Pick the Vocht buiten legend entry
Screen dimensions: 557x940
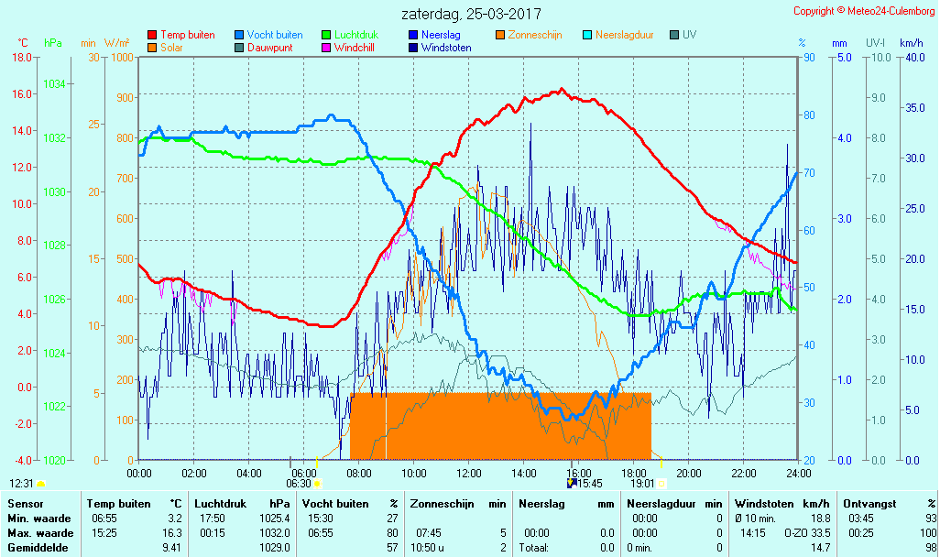(x=274, y=35)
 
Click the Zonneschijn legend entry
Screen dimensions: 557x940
(x=535, y=35)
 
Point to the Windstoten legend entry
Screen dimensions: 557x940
(x=446, y=48)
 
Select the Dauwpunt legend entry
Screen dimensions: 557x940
(x=269, y=48)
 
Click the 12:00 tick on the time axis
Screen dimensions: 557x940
(x=469, y=473)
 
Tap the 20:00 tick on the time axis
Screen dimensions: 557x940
(x=689, y=473)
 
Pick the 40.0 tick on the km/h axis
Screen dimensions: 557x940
(x=913, y=57)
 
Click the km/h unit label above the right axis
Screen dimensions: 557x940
(x=911, y=43)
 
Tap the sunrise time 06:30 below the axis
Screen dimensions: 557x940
(x=299, y=484)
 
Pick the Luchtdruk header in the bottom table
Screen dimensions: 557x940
(x=219, y=503)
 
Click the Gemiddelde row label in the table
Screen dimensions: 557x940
(x=37, y=547)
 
